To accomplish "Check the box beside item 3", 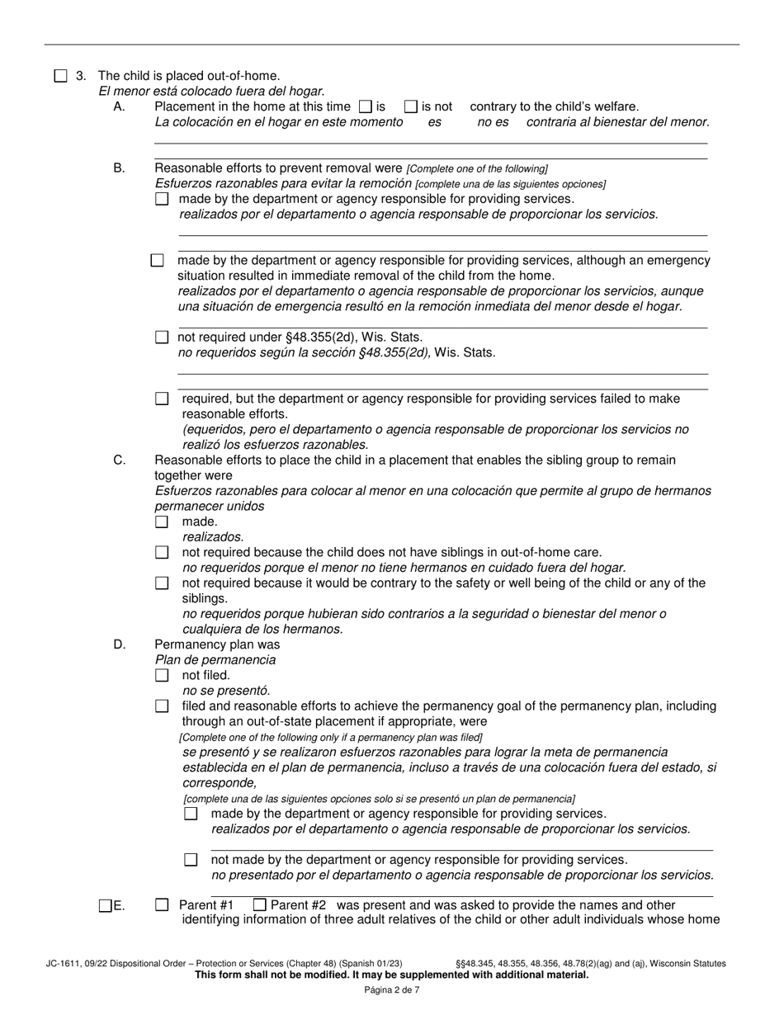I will pos(60,76).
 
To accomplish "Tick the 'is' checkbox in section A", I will pos(366,106).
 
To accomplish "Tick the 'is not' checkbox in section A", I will pos(411,106).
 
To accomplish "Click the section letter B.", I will pos(120,168).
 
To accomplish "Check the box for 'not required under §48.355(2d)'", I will pos(162,338).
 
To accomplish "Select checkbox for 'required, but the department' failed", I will pos(162,399).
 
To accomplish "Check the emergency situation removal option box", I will pos(158,261).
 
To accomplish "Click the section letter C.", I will pos(120,460).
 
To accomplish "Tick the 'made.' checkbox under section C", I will pos(162,522).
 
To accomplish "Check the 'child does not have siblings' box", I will pos(162,553).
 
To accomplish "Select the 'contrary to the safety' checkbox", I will pos(162,583).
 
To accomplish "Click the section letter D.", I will pos(120,644).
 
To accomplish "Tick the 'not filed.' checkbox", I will pos(162,676).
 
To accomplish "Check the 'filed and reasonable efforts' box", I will pos(162,706).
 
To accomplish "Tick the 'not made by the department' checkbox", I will pos(191,860).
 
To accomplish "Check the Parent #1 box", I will pos(162,905).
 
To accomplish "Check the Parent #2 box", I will pos(260,905).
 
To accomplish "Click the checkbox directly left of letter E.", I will pos(105,906).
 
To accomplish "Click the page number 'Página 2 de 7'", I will pos(392,990).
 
